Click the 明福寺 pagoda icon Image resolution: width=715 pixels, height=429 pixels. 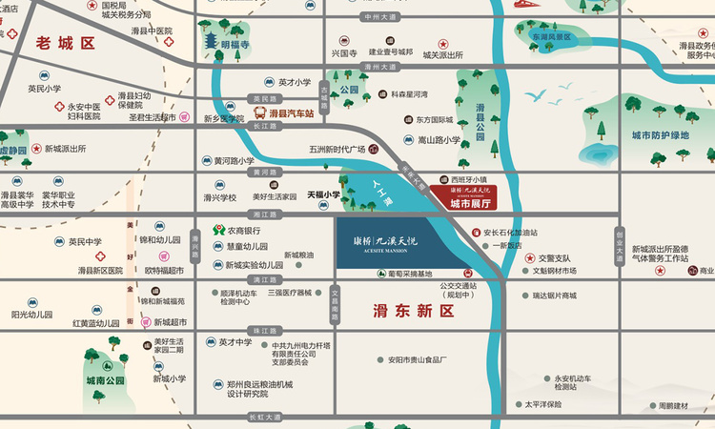coord(209,43)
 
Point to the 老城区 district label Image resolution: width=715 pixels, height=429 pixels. coord(66,43)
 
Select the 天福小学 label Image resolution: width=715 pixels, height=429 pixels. coord(323,195)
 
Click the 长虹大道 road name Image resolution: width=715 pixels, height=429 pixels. coord(265,417)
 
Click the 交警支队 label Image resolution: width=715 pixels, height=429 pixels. coord(554,257)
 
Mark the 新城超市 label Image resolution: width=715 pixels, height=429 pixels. coord(169,322)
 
